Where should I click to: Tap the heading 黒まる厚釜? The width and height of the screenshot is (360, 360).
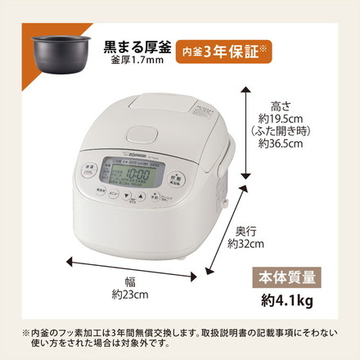[x=137, y=44]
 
